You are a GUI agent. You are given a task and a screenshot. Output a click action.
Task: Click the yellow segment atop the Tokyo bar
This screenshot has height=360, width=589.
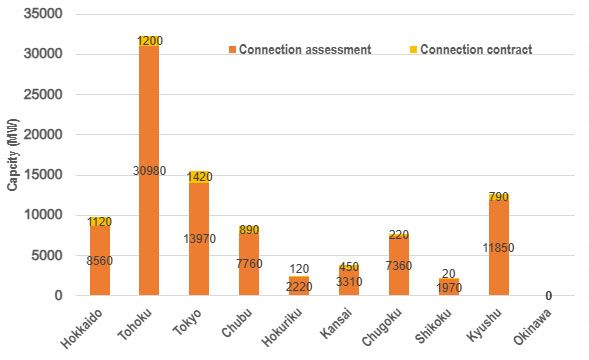tap(199, 177)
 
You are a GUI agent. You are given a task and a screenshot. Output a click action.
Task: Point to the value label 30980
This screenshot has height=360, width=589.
tap(149, 172)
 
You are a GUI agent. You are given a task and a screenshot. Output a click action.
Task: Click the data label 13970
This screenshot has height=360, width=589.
tap(199, 239)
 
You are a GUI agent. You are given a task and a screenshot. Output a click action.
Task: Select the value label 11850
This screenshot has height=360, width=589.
tap(499, 247)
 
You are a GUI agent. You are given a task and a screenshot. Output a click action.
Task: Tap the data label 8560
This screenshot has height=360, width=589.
tap(100, 260)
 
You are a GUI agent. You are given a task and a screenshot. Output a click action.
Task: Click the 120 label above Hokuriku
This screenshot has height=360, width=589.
tap(299, 269)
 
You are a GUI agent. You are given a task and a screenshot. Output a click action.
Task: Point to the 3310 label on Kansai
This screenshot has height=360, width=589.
tap(349, 281)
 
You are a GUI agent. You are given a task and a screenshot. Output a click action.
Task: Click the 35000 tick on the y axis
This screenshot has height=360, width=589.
tap(43, 14)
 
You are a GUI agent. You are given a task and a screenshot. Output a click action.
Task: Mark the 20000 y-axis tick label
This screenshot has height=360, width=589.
tap(43, 134)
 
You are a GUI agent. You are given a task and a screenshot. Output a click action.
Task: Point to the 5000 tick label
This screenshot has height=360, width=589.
tap(46, 255)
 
